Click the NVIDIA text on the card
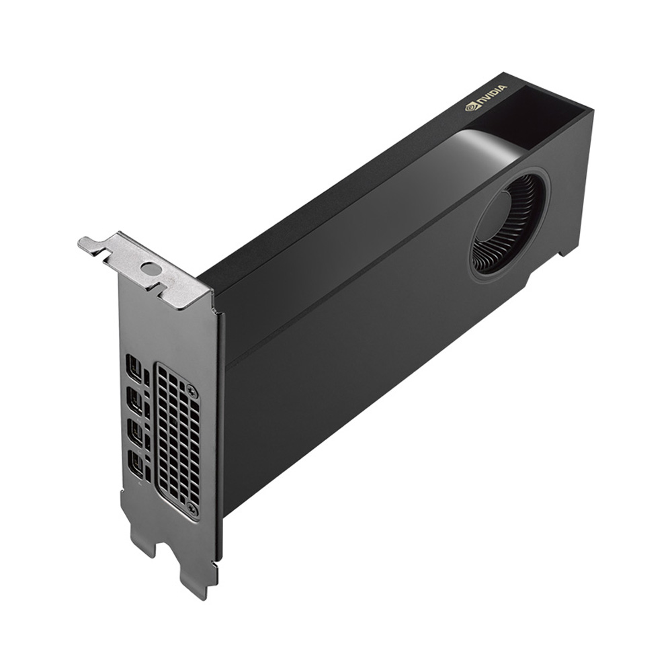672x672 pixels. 492,95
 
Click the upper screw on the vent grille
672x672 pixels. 191,390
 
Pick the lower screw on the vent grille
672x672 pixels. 194,509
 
